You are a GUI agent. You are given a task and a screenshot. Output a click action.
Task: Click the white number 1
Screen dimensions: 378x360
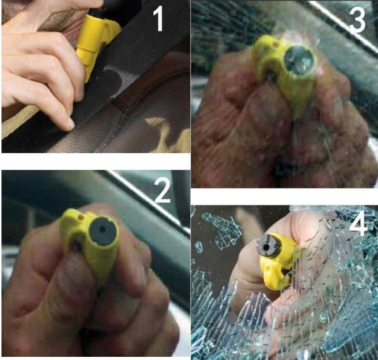click(x=159, y=19)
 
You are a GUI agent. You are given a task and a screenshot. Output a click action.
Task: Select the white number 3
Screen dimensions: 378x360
click(x=357, y=20)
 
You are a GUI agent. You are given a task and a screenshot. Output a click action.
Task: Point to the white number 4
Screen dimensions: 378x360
click(x=358, y=224)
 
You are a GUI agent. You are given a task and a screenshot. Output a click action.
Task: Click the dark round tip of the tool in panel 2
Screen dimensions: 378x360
click(x=103, y=231)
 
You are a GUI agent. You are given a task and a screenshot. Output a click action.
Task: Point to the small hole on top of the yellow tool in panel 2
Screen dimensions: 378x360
click(x=81, y=217)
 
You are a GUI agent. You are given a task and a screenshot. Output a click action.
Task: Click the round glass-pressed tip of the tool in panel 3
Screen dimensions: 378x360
click(x=299, y=60)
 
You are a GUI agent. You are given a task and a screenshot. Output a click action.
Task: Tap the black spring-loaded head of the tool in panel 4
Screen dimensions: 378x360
click(x=269, y=246)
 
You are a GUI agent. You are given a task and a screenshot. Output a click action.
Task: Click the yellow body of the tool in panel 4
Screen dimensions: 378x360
click(x=280, y=262)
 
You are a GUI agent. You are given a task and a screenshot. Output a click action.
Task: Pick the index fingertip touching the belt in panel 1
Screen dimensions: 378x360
click(x=69, y=124)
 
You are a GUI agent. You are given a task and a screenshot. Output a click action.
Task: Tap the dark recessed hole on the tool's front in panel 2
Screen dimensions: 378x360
click(x=76, y=246)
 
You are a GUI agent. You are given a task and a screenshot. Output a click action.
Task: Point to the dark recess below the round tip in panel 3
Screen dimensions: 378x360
click(x=271, y=76)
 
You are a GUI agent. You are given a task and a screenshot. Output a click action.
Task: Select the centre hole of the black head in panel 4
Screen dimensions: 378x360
click(x=266, y=247)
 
